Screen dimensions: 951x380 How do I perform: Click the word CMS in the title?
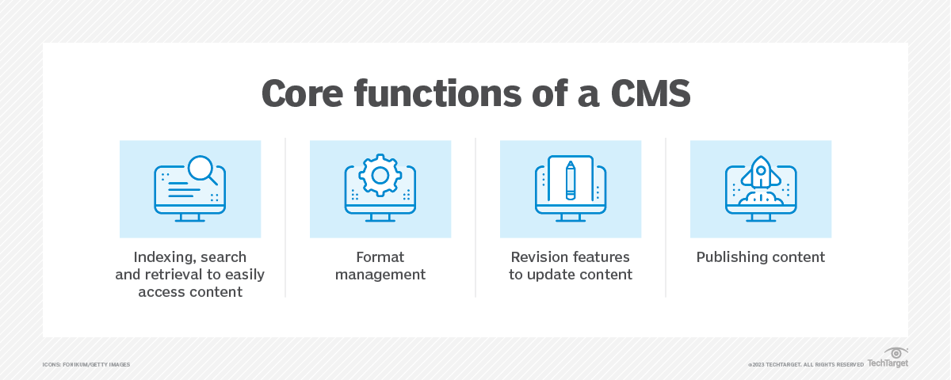[651, 93]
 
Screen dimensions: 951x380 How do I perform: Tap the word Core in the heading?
[302, 93]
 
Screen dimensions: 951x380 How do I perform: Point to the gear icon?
[380, 175]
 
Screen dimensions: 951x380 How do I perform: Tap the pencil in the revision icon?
[571, 180]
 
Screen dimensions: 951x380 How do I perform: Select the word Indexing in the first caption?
[162, 257]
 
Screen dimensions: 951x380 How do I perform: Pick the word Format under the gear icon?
[380, 257]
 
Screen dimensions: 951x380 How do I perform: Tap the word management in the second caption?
[380, 275]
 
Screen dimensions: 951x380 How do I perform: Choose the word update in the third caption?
[548, 275]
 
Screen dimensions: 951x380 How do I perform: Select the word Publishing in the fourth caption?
[729, 257]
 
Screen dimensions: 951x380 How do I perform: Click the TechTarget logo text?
[888, 363]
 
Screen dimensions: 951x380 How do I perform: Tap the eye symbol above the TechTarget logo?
[896, 353]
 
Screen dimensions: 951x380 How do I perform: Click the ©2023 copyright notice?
[806, 365]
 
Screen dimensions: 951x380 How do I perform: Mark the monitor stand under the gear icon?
[380, 218]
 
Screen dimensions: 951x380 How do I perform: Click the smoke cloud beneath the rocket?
[761, 199]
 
